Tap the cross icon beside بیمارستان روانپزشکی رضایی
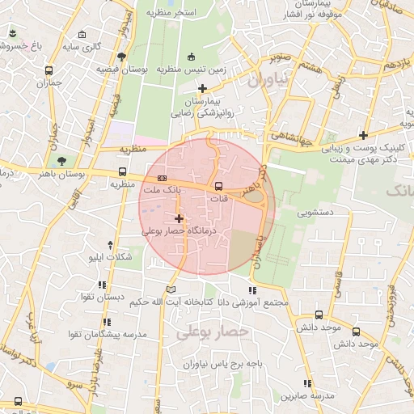pyautogui.click(x=202, y=87)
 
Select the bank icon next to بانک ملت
pyautogui.click(x=163, y=177)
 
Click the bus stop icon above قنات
pyautogui.click(x=219, y=187)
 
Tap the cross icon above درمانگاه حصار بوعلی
pyautogui.click(x=179, y=218)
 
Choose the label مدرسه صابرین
pyautogui.click(x=308, y=396)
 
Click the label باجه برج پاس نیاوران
pyautogui.click(x=234, y=365)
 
